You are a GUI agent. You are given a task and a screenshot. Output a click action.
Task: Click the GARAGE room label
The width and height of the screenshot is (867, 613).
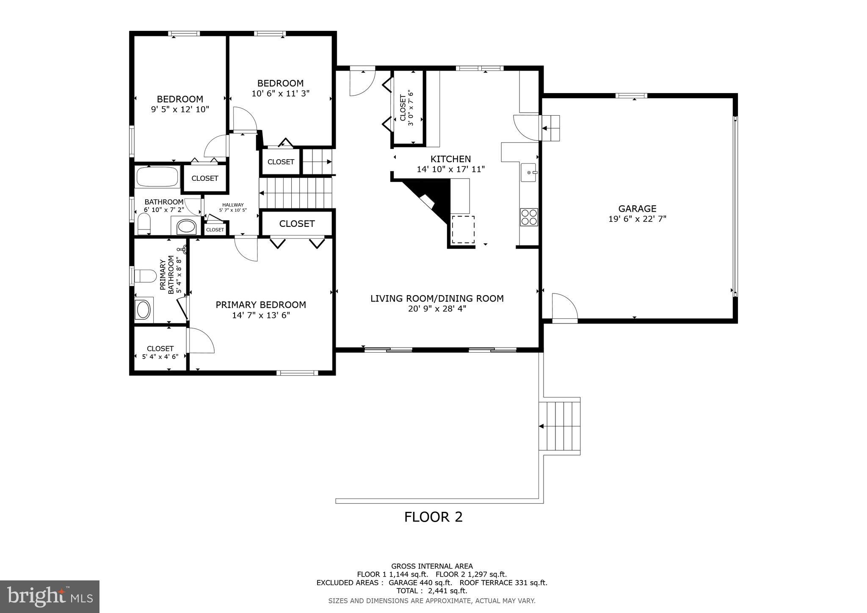[637, 208]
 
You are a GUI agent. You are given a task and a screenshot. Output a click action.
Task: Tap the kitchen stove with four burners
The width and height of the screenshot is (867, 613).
[529, 217]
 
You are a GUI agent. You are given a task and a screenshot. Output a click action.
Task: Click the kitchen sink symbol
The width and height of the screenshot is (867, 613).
[528, 172]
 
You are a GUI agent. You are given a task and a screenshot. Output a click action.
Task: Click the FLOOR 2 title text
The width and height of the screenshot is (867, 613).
[433, 517]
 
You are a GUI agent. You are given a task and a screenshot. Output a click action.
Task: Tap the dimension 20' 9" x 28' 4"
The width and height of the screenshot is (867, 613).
[437, 309]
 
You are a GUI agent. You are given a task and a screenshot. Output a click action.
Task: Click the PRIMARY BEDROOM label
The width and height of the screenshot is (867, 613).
[261, 305]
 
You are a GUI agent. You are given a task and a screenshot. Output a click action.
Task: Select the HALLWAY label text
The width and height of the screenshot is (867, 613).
[233, 205]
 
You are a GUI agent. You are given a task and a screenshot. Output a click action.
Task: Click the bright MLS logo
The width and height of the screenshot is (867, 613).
[50, 596]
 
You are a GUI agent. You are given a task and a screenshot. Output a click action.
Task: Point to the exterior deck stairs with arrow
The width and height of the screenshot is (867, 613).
[561, 426]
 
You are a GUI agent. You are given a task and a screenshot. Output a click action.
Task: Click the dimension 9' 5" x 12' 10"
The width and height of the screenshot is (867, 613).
[180, 109]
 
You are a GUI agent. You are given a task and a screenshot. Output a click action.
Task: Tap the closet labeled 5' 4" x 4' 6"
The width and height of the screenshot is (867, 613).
[160, 352]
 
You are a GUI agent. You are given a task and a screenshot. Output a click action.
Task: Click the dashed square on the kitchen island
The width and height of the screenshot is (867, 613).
[463, 229]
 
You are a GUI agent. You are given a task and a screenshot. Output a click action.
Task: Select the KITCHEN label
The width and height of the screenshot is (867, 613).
[450, 159]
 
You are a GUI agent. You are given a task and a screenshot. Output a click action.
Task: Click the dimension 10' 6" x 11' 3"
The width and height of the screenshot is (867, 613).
[280, 94]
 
